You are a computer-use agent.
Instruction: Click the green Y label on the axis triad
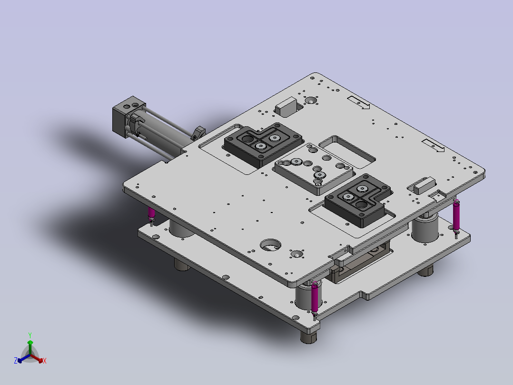pos(30,335)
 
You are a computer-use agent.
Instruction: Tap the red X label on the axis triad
pos(45,361)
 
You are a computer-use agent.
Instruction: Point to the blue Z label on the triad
pos(15,360)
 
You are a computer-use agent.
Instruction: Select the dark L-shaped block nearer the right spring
pos(357,200)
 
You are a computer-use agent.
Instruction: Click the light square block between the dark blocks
pos(314,169)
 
